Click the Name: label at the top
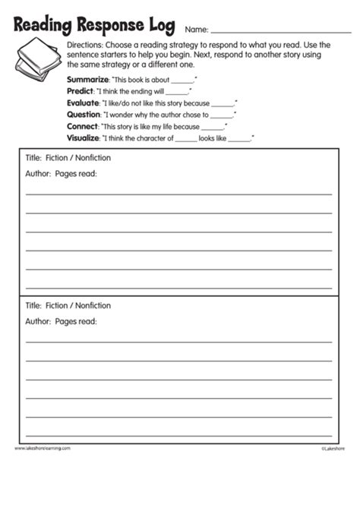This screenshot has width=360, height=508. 196,30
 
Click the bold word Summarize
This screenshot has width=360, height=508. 87,80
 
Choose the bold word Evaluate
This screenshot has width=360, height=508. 84,103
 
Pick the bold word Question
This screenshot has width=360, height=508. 84,115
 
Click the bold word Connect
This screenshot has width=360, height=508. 83,126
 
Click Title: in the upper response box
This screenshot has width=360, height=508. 33,157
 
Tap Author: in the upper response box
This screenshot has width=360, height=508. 38,173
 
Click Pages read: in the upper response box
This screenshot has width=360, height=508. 76,173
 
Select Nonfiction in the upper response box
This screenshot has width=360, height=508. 92,157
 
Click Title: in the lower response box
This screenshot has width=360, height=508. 33,305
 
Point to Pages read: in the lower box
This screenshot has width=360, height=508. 76,321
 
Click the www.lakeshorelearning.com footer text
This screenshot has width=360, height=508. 43,448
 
